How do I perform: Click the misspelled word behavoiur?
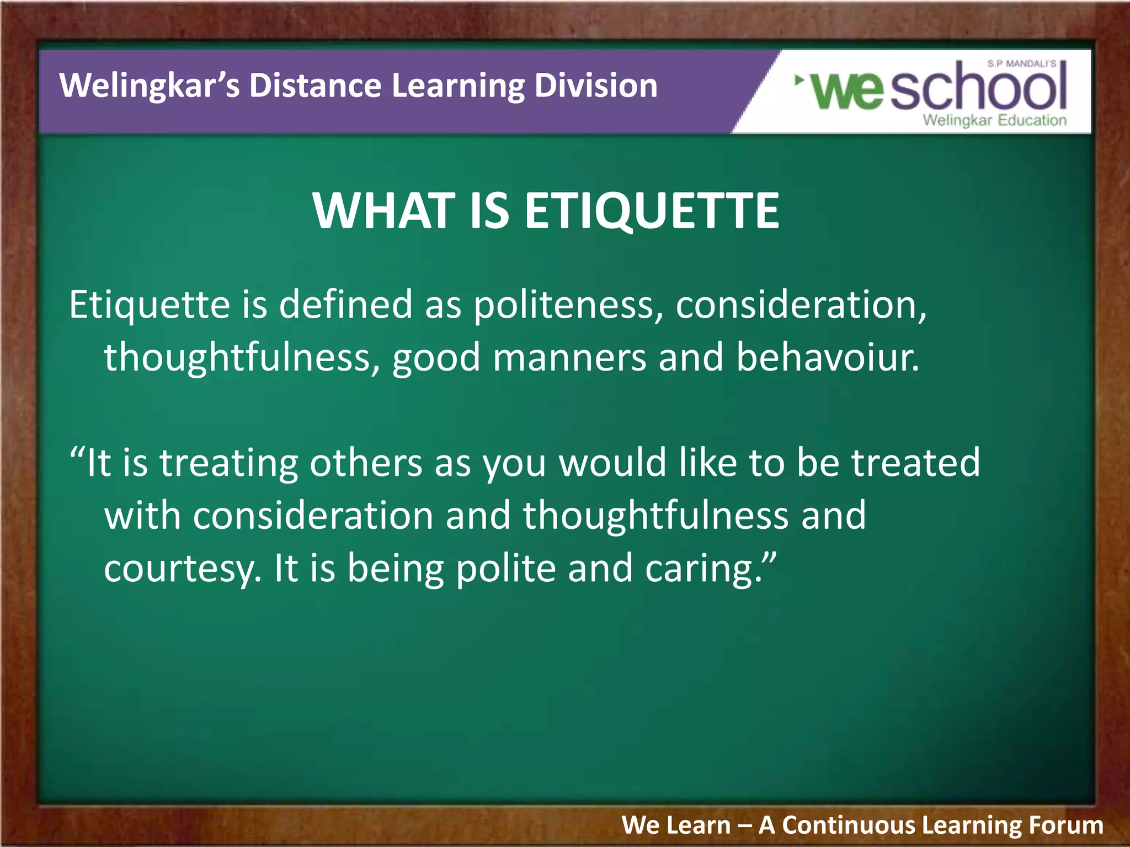(828, 357)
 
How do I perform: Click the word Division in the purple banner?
(596, 87)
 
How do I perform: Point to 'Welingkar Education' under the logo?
(995, 120)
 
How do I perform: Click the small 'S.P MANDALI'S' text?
(1022, 64)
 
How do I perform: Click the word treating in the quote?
(229, 463)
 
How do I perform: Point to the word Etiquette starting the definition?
(150, 305)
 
